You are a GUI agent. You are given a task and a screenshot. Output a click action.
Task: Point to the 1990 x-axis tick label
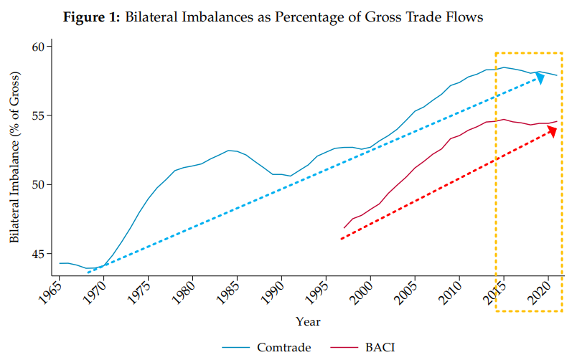(276, 292)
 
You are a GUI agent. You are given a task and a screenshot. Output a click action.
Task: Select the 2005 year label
(410, 292)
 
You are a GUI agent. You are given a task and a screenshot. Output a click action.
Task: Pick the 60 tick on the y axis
(37, 47)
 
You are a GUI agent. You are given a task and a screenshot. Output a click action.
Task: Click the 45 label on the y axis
(37, 254)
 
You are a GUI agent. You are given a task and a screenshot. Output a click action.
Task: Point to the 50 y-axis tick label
(37, 184)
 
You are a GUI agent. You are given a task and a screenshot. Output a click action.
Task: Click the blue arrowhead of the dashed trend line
(540, 76)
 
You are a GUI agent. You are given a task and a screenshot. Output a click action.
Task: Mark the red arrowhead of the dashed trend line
(553, 130)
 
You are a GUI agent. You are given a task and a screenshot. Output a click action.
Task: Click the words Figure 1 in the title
(93, 17)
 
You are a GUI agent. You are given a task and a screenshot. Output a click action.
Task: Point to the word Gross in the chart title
(365, 17)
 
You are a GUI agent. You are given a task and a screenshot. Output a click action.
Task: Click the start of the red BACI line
(344, 228)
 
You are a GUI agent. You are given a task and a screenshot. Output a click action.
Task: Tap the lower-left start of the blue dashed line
(88, 273)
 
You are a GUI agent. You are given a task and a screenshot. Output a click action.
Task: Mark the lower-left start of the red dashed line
(341, 239)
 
